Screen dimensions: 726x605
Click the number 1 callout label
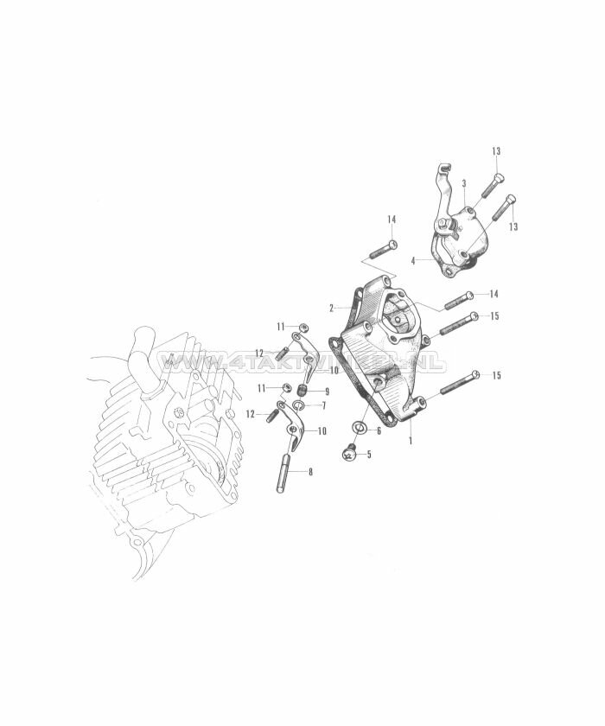[x=411, y=439]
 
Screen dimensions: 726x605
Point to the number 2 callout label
[x=331, y=308]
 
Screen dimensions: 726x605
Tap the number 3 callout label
[x=464, y=183]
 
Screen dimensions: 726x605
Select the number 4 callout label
[x=413, y=260]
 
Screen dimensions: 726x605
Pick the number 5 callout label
[x=369, y=454]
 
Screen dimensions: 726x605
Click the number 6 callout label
[x=378, y=430]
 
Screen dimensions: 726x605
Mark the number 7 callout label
[x=323, y=405]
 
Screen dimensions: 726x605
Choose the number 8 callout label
[x=311, y=472]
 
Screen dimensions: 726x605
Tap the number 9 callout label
[x=326, y=391]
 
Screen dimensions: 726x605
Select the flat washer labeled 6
[x=357, y=428]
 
